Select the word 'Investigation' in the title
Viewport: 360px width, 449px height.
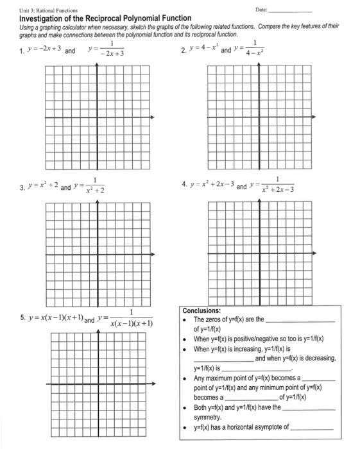[x=45, y=19]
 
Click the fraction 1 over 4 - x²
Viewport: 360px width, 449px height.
[x=255, y=48]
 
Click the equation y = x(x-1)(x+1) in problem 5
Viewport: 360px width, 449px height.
[x=56, y=319]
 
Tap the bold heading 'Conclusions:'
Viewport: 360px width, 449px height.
[x=201, y=310]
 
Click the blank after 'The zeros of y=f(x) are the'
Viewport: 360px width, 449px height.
[x=300, y=320]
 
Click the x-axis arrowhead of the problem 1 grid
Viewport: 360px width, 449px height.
[x=152, y=117]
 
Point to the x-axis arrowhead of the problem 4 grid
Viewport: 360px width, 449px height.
[x=314, y=250]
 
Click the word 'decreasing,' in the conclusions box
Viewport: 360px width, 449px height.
[x=318, y=359]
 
